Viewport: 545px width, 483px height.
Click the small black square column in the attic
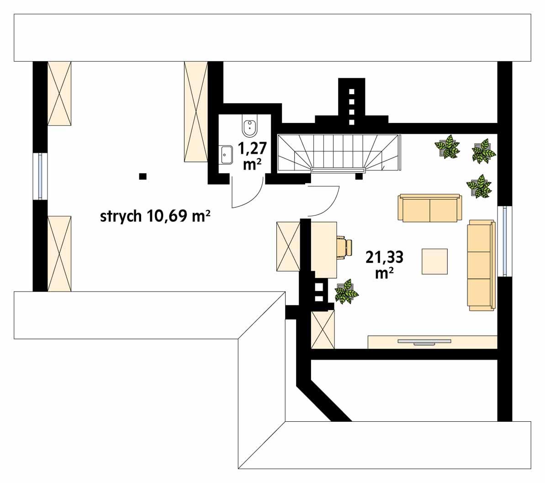pos(143,176)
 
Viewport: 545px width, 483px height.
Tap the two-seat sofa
pos(430,209)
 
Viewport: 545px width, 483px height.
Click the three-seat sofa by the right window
pos(481,265)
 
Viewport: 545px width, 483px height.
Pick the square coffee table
pos(434,262)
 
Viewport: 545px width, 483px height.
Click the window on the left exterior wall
pos(41,175)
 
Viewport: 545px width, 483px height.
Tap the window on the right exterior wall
pos(504,241)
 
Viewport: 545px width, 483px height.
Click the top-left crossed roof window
pos(60,93)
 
